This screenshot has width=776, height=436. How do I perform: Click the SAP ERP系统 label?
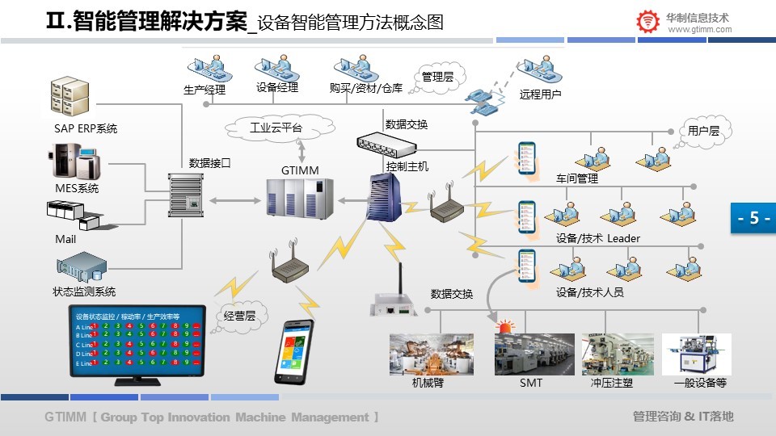point(86,128)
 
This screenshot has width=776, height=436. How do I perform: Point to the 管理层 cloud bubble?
point(437,78)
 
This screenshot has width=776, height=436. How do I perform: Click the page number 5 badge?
point(753,218)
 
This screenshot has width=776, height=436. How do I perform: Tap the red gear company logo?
point(647,23)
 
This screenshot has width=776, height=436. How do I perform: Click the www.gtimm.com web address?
point(700,30)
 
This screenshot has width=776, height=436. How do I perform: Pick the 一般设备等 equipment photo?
point(697,354)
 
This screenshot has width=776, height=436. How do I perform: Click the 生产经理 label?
point(205,90)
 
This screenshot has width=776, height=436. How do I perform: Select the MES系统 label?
point(77,188)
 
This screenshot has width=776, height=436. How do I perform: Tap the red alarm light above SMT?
point(507,327)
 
